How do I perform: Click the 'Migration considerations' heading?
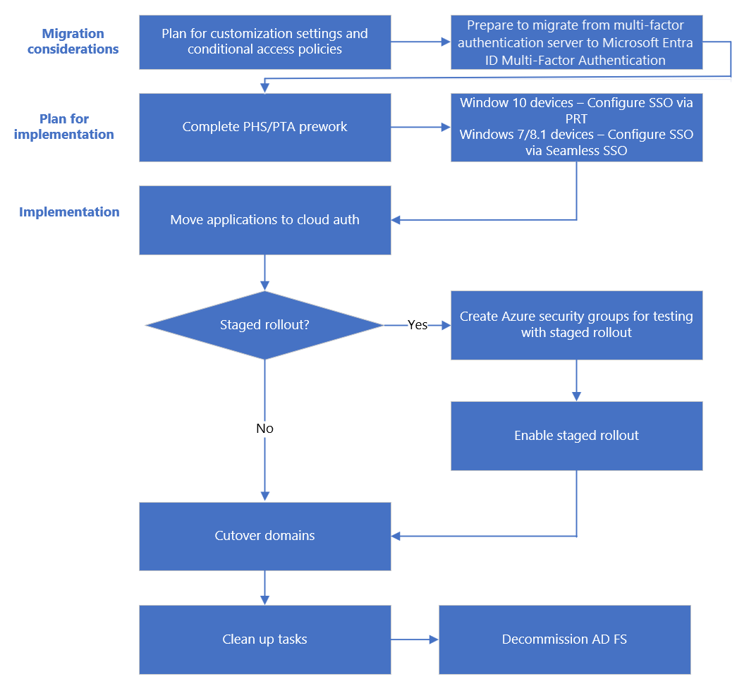coord(73,42)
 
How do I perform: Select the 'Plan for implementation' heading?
coord(64,127)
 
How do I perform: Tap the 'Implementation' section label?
coord(69,212)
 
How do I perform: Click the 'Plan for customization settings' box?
coord(264,42)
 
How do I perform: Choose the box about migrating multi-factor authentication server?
coord(576,42)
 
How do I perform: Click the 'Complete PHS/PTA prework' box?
coord(264,127)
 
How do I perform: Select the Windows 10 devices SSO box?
coord(576,127)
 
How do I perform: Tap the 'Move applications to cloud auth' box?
coord(264,220)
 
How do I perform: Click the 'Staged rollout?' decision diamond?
coord(264,325)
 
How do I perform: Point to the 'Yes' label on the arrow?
coord(418,325)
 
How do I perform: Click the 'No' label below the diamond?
coord(264,429)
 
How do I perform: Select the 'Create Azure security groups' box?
coord(576,325)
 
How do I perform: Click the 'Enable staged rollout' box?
coord(576,436)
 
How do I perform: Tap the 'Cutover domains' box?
coord(264,536)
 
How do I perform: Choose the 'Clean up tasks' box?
coord(264,639)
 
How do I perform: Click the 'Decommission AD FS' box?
coord(564,639)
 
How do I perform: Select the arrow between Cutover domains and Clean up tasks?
coord(264,587)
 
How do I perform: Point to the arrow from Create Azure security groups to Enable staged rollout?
coord(576,381)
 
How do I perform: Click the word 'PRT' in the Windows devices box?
coord(576,119)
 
